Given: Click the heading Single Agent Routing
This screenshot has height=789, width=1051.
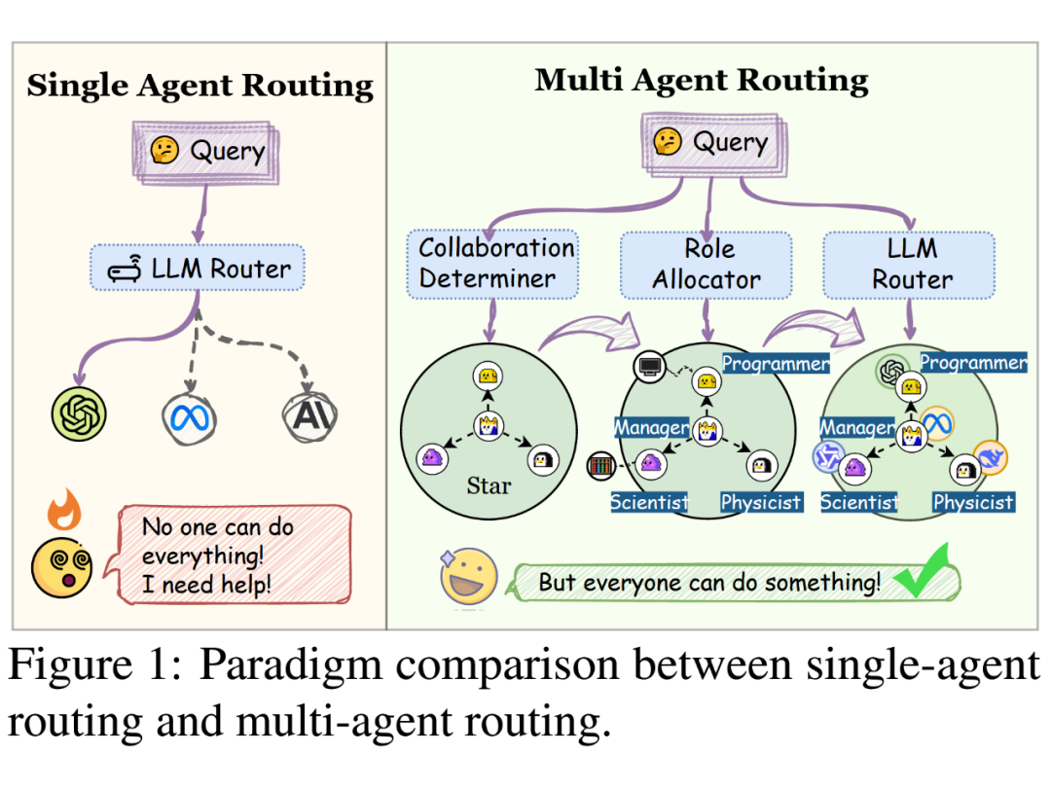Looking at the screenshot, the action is tap(199, 87).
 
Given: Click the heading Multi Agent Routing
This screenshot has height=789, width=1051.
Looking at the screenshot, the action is tap(701, 81).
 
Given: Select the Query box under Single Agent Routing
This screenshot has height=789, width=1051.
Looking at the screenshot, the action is tap(205, 152).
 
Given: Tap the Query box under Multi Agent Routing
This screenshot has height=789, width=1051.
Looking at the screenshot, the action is tap(714, 144).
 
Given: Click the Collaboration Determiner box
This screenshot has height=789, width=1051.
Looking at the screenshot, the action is tap(492, 264).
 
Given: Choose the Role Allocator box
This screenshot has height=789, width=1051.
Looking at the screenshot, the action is tap(707, 266).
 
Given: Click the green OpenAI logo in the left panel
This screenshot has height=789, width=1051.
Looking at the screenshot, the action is tap(79, 413).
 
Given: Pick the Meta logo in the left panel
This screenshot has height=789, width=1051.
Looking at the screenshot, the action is tap(190, 419).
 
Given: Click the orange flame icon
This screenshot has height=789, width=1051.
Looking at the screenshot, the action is tap(64, 509).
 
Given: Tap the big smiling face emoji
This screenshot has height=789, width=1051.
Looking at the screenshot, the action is tap(468, 577).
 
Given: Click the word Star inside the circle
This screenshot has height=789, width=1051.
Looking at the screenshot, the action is tap(489, 486).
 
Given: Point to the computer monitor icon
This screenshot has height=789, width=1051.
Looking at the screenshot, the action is tap(649, 367).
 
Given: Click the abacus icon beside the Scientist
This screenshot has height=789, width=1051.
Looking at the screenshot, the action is tap(600, 466).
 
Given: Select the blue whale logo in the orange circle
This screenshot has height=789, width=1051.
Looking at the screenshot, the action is tap(990, 458).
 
